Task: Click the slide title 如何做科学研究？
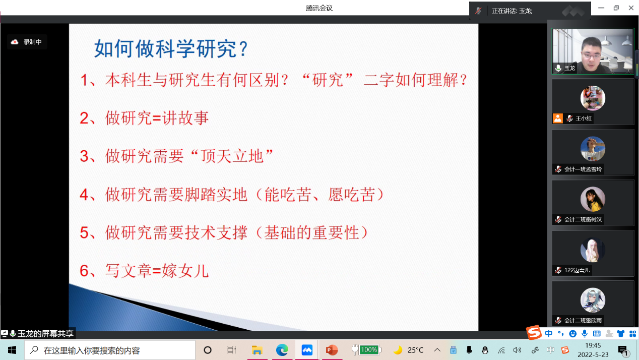(x=171, y=48)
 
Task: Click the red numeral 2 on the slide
(x=85, y=118)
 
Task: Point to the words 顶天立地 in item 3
(x=232, y=156)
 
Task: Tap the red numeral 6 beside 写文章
(x=85, y=271)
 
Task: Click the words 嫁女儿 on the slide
(x=185, y=271)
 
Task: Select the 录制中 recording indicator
(x=27, y=42)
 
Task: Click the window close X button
(x=631, y=8)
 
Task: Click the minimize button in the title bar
(x=601, y=8)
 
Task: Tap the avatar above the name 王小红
(x=593, y=98)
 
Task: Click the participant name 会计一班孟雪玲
(x=583, y=169)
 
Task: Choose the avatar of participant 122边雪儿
(x=593, y=250)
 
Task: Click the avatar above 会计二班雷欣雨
(x=593, y=300)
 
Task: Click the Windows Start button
(x=12, y=350)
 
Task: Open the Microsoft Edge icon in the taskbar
(x=282, y=350)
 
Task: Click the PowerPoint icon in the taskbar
(x=332, y=350)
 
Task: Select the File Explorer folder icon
(x=257, y=350)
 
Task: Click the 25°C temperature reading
(x=415, y=350)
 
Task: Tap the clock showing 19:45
(x=593, y=346)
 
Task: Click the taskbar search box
(x=110, y=350)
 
